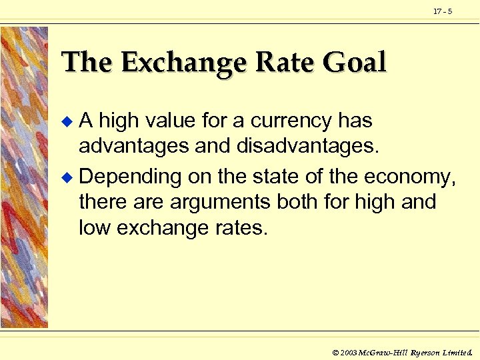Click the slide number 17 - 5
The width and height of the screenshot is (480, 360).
443,11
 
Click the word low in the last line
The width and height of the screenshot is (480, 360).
93,228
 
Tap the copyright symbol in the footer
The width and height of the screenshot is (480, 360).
335,351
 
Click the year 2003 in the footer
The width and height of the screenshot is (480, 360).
349,351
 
